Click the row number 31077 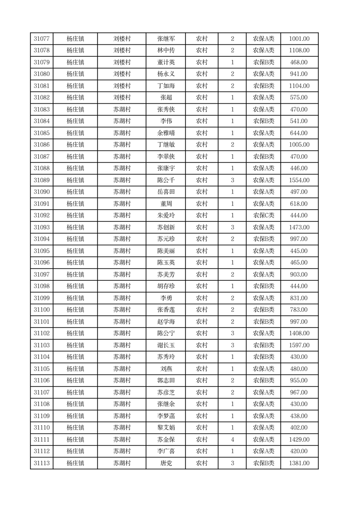pyautogui.click(x=42, y=39)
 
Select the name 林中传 pyautogui.click(x=166, y=51)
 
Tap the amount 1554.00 pyautogui.click(x=299, y=180)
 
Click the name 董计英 pyautogui.click(x=166, y=63)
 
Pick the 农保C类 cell pyautogui.click(x=263, y=215)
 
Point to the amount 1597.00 pyautogui.click(x=299, y=345)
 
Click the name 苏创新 pyautogui.click(x=166, y=227)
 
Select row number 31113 pyautogui.click(x=42, y=463)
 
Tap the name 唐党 pyautogui.click(x=166, y=463)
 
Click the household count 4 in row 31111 pyautogui.click(x=233, y=440)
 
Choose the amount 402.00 pyautogui.click(x=299, y=428)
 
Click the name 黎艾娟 pyautogui.click(x=166, y=428)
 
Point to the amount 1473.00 pyautogui.click(x=299, y=227)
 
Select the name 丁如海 pyautogui.click(x=166, y=86)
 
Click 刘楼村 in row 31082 pyautogui.click(x=122, y=98)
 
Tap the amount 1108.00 pyautogui.click(x=299, y=51)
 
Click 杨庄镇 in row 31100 pyautogui.click(x=75, y=310)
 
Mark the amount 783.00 pyautogui.click(x=299, y=310)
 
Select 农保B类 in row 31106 pyautogui.click(x=263, y=381)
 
